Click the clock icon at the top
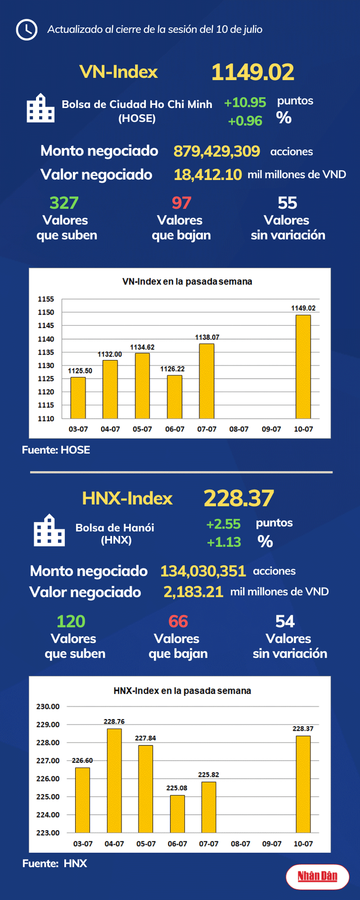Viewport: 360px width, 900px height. pyautogui.click(x=27, y=30)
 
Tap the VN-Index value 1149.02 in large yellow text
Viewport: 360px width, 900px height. pyautogui.click(x=252, y=72)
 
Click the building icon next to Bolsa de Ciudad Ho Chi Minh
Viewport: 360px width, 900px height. pyautogui.click(x=41, y=108)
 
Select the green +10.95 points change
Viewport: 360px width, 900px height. pyautogui.click(x=245, y=103)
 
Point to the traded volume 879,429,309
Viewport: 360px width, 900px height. pyautogui.click(x=216, y=151)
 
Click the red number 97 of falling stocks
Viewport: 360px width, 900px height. pyautogui.click(x=181, y=203)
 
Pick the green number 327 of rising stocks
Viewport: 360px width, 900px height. pyautogui.click(x=64, y=203)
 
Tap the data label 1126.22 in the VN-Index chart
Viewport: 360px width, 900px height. pyautogui.click(x=172, y=369)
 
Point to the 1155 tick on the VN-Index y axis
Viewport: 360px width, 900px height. pyautogui.click(x=46, y=299)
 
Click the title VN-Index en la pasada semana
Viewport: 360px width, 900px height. pyautogui.click(x=187, y=282)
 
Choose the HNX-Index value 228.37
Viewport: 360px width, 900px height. pyautogui.click(x=239, y=499)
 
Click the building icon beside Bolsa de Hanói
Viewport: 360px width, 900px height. pyautogui.click(x=49, y=530)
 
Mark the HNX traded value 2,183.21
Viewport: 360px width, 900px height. pyautogui.click(x=193, y=592)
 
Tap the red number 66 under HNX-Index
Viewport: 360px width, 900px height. pyautogui.click(x=178, y=622)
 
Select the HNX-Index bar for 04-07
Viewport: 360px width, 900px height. pyautogui.click(x=114, y=780)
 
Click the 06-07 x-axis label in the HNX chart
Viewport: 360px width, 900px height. pyautogui.click(x=177, y=844)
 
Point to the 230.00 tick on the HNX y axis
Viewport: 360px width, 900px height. pyautogui.click(x=48, y=707)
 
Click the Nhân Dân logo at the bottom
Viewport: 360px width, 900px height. pyautogui.click(x=317, y=876)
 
